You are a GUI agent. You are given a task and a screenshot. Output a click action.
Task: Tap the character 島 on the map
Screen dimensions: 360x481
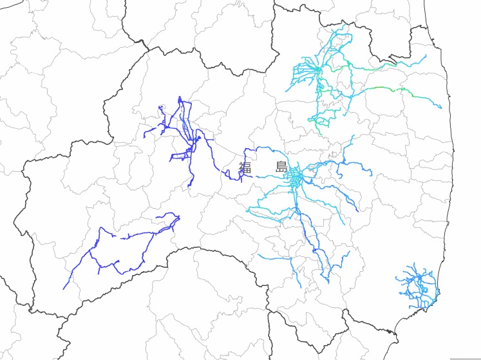[x=281, y=167]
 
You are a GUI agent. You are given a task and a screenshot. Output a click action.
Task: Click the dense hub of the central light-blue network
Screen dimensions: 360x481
[x=295, y=175]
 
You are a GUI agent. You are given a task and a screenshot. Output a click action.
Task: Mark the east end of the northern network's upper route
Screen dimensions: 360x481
[x=426, y=55]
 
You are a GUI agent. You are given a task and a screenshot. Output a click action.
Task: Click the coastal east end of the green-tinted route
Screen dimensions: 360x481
[x=441, y=108]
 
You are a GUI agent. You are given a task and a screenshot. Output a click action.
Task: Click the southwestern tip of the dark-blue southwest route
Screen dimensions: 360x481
[x=64, y=288]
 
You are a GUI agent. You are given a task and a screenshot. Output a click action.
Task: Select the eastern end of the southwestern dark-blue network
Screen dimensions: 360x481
[x=180, y=216]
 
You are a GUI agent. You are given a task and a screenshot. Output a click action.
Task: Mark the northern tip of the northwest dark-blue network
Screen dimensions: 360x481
[x=180, y=97]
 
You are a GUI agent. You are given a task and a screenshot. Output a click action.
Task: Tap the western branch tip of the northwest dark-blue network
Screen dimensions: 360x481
[x=144, y=138]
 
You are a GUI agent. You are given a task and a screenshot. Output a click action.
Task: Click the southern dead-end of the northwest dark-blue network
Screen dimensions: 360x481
[x=189, y=187]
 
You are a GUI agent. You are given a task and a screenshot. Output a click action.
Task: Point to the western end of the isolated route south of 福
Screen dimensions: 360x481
[x=258, y=255]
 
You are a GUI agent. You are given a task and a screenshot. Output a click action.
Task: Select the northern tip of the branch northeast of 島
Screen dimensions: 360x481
[x=353, y=136]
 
